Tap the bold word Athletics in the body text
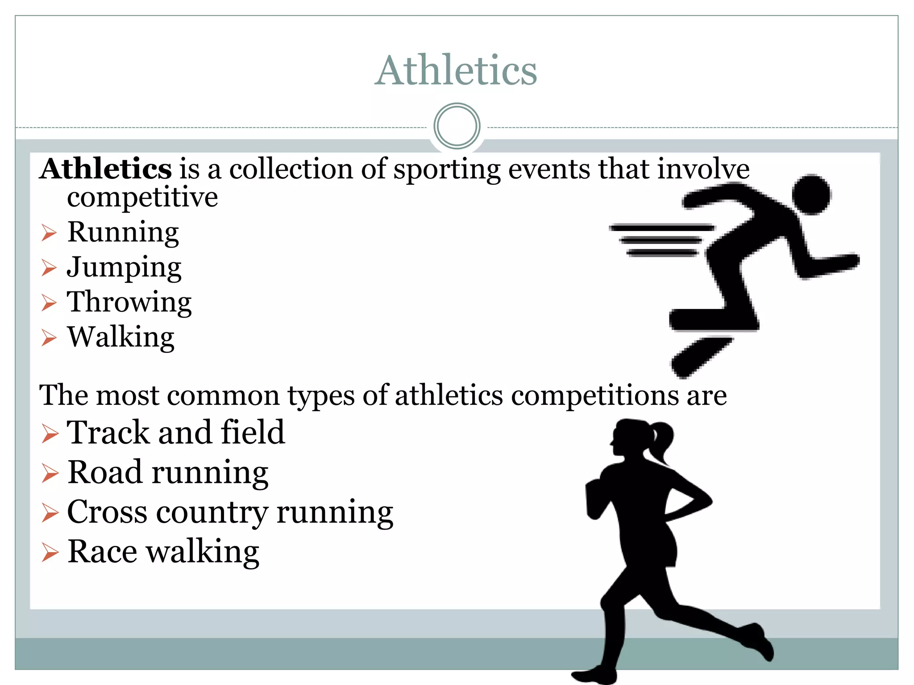coord(106,169)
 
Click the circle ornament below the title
coord(457,126)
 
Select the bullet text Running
coord(123,232)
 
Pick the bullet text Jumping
coord(124,268)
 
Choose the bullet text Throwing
coord(129,302)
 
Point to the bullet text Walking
coord(120,337)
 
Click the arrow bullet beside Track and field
coord(50,433)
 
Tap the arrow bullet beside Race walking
coord(50,553)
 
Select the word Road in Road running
coord(105,472)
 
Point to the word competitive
coord(142,197)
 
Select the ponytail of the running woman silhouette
coord(661,442)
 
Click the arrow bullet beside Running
coord(49,233)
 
